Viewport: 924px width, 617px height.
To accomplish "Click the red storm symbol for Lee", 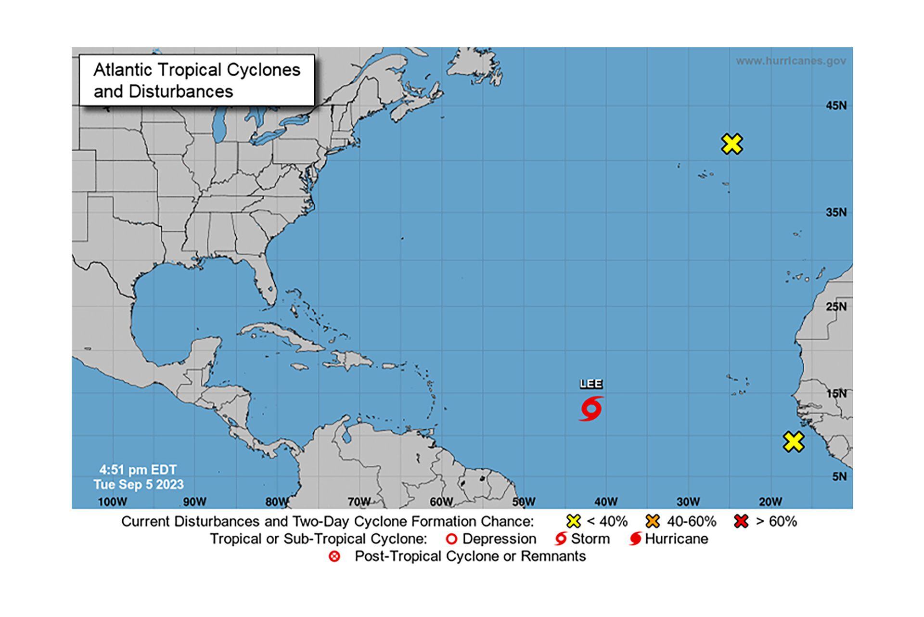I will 591,409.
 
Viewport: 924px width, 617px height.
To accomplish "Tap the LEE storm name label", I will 591,384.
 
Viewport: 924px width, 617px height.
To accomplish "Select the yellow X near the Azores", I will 732,144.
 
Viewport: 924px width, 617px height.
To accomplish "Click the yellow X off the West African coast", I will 793,442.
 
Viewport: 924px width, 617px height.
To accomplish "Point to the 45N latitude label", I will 836,106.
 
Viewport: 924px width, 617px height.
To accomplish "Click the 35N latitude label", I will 836,212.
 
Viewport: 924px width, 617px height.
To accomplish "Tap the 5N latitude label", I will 839,476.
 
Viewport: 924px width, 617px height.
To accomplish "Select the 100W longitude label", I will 112,502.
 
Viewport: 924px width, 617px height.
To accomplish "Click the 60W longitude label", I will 441,502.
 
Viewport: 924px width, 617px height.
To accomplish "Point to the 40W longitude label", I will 605,502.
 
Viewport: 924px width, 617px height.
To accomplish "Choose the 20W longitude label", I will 770,502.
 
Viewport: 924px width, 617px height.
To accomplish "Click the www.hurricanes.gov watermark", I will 791,61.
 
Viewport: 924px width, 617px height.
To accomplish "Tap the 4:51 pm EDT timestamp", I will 138,470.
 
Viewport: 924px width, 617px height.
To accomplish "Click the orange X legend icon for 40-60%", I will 653,521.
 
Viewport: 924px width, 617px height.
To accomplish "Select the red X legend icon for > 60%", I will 742,521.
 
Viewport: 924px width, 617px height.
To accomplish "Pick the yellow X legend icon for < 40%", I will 574,521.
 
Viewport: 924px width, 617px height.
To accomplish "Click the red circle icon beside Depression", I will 451,539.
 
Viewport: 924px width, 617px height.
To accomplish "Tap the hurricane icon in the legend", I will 635,539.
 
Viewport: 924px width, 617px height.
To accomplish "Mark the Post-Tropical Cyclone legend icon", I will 334,557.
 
